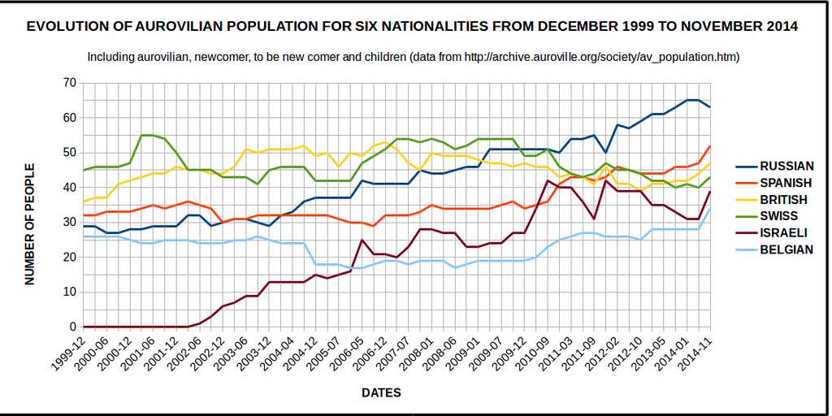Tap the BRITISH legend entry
[x=782, y=199]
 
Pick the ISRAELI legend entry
[x=782, y=232]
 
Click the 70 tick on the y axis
[x=68, y=83]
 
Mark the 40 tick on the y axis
[x=68, y=188]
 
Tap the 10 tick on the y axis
[x=68, y=292]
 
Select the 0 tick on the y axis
[x=71, y=327]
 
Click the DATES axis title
[x=381, y=392]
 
